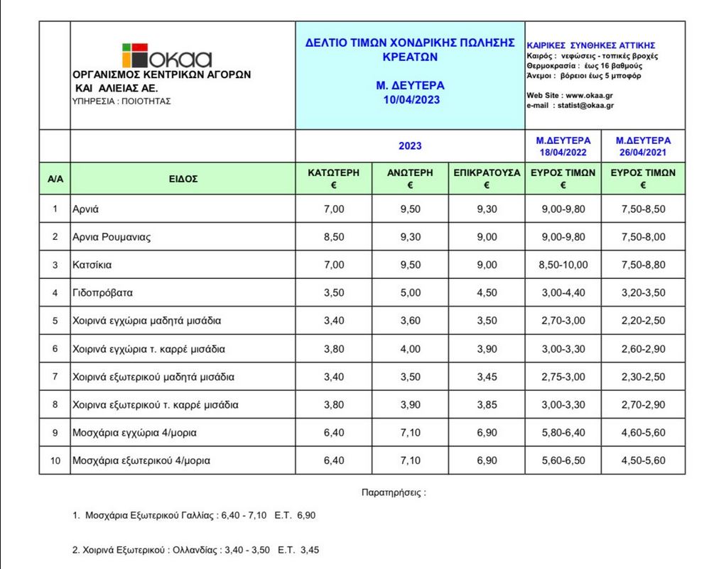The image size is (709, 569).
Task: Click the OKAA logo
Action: [167, 56]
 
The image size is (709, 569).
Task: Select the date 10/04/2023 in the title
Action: [410, 100]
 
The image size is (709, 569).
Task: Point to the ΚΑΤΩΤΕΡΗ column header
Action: [333, 172]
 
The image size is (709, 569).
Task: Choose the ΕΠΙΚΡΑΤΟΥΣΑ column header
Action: [486, 172]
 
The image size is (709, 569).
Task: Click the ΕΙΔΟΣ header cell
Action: [183, 179]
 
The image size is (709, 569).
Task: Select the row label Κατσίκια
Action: [92, 265]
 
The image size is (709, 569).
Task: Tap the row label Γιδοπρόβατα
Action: [102, 292]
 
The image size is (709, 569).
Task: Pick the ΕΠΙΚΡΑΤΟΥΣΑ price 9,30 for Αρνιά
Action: [487, 209]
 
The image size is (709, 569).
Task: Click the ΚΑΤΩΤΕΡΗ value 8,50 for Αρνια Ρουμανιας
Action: [333, 237]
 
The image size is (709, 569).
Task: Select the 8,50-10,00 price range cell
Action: [563, 265]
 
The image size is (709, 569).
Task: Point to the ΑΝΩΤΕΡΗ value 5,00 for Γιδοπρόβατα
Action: [410, 292]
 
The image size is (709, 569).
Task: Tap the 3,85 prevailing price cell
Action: [487, 405]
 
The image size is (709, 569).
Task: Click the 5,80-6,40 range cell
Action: [563, 433]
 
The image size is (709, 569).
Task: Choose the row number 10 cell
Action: [55, 461]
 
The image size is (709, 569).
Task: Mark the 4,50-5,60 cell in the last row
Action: [643, 461]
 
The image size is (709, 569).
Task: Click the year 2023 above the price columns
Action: [410, 146]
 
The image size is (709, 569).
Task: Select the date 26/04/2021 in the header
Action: [643, 153]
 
